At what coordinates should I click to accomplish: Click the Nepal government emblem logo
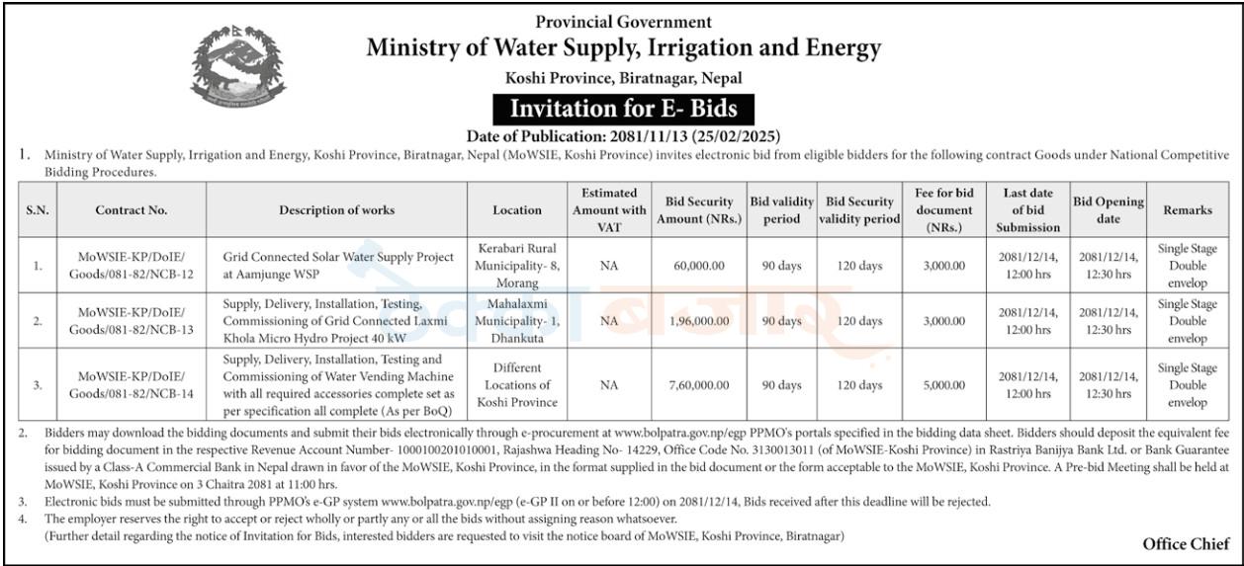pyautogui.click(x=238, y=66)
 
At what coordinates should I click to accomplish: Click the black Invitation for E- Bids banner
pyautogui.click(x=623, y=109)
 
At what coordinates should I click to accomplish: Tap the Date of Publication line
pyautogui.click(x=623, y=136)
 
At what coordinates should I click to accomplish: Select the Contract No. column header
pyautogui.click(x=132, y=209)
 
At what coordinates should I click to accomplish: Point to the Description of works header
pyautogui.click(x=336, y=209)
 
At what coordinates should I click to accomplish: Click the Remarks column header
pyautogui.click(x=1188, y=209)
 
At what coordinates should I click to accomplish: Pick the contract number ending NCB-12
pyautogui.click(x=132, y=266)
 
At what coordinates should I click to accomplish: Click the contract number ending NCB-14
pyautogui.click(x=132, y=384)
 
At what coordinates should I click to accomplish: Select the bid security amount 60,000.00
pyautogui.click(x=699, y=266)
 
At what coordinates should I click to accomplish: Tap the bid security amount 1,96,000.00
pyautogui.click(x=699, y=321)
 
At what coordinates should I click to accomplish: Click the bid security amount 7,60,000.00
pyautogui.click(x=699, y=384)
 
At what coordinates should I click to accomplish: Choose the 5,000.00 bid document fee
pyautogui.click(x=944, y=384)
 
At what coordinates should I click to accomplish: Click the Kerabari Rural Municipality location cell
pyautogui.click(x=517, y=266)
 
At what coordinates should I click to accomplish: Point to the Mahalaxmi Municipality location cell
pyautogui.click(x=517, y=321)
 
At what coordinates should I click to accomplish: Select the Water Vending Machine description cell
pyautogui.click(x=338, y=384)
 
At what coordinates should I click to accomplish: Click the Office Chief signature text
pyautogui.click(x=1186, y=544)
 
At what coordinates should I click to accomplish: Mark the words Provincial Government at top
pyautogui.click(x=623, y=22)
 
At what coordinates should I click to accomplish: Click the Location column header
pyautogui.click(x=517, y=209)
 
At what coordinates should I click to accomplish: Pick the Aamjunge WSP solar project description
pyautogui.click(x=338, y=266)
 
